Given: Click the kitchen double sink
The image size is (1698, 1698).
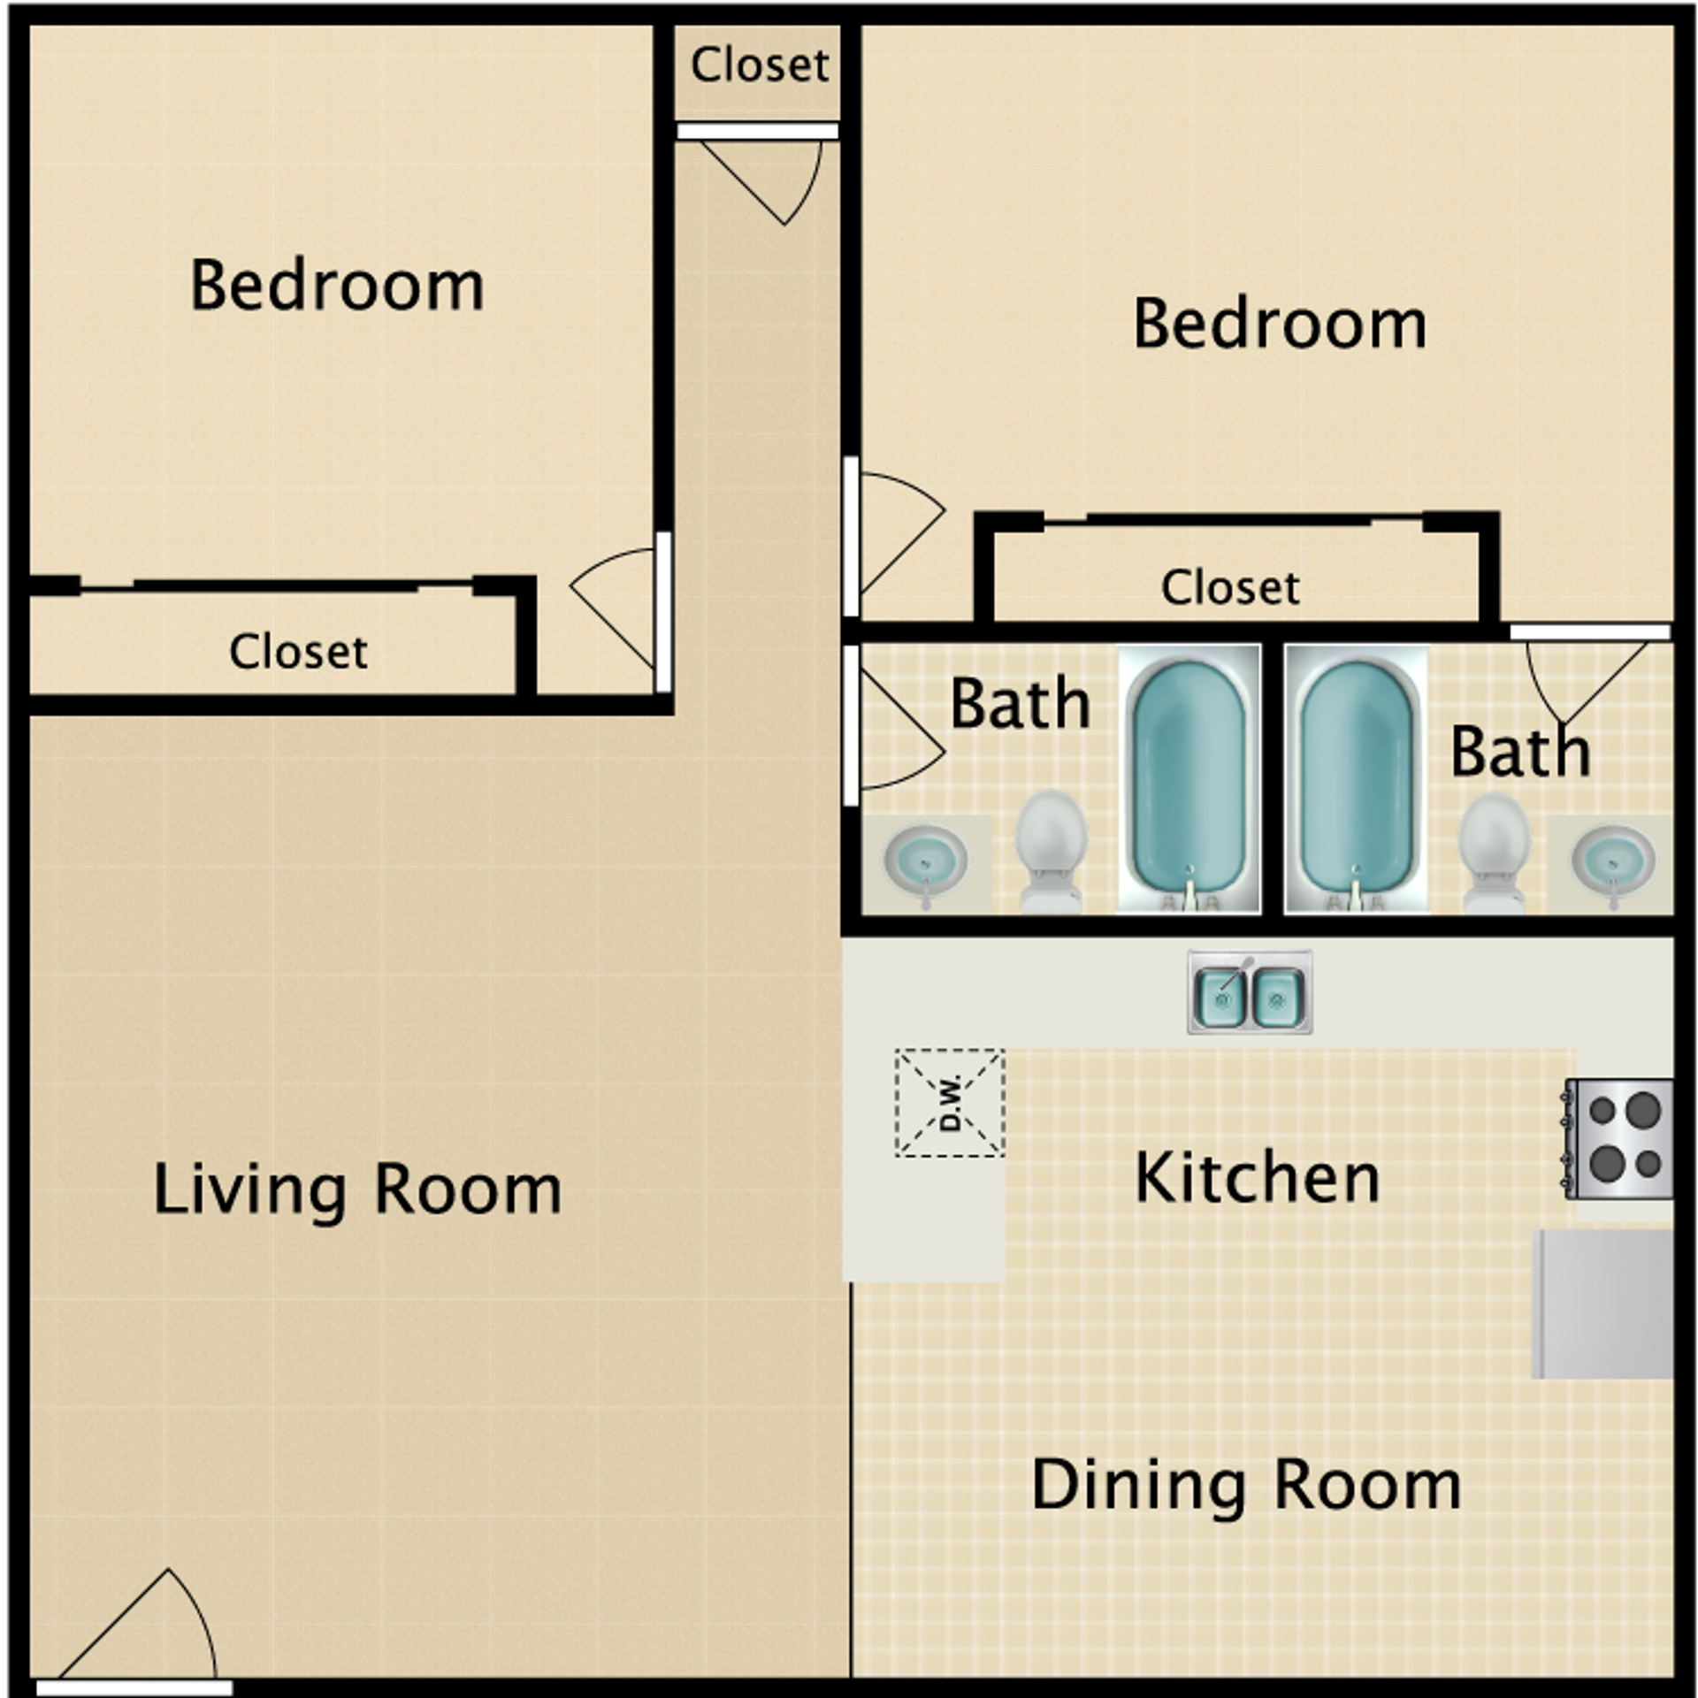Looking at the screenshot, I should pyautogui.click(x=1249, y=992).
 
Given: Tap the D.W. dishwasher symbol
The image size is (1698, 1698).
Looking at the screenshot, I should pyautogui.click(x=950, y=1102).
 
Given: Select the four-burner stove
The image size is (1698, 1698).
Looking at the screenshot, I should pyautogui.click(x=1618, y=1138).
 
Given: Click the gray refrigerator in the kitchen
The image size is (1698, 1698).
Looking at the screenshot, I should pyautogui.click(x=1602, y=1304).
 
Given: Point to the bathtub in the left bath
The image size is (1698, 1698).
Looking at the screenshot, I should pyautogui.click(x=1189, y=778).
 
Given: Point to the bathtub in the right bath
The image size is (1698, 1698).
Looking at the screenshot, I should pyautogui.click(x=1356, y=778).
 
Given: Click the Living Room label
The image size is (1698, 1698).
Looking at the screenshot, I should pyautogui.click(x=357, y=1189).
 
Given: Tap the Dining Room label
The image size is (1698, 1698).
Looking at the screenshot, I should pyautogui.click(x=1246, y=1486).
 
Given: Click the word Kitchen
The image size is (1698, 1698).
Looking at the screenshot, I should pyautogui.click(x=1257, y=1178).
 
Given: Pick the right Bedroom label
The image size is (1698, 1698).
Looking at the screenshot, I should pyautogui.click(x=1280, y=324).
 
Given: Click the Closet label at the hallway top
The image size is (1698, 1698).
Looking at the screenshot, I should pyautogui.click(x=759, y=65).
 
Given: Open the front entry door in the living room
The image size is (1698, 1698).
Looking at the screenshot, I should pyautogui.click(x=141, y=1636).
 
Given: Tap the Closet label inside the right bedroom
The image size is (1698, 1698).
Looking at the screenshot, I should pyautogui.click(x=1230, y=587).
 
